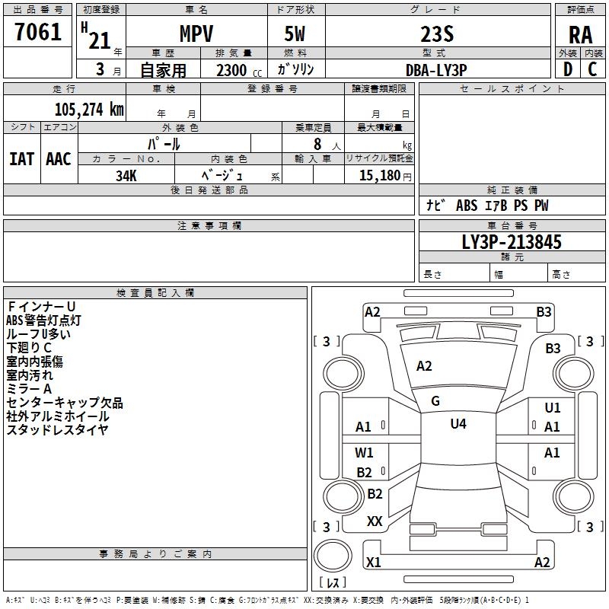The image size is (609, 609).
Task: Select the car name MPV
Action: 196,34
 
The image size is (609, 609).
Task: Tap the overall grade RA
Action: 581,35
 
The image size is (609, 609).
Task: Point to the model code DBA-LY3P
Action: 436,69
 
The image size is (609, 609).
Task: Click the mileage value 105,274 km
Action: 89,110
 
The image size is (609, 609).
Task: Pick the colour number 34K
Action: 126,175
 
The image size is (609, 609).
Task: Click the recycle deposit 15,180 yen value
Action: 380,175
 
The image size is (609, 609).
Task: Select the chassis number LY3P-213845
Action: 512,242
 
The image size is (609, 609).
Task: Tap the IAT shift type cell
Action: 22,159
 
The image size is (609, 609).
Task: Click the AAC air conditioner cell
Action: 59,159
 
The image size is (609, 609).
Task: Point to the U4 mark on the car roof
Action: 458,424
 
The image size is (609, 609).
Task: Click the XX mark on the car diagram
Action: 375,521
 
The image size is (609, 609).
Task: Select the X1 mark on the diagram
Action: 374,563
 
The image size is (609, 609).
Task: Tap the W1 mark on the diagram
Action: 364,453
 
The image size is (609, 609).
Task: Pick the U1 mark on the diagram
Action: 553,408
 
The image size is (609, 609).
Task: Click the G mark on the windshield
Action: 435,400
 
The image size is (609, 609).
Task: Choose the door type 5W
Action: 296,34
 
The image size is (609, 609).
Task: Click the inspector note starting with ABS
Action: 43,320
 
